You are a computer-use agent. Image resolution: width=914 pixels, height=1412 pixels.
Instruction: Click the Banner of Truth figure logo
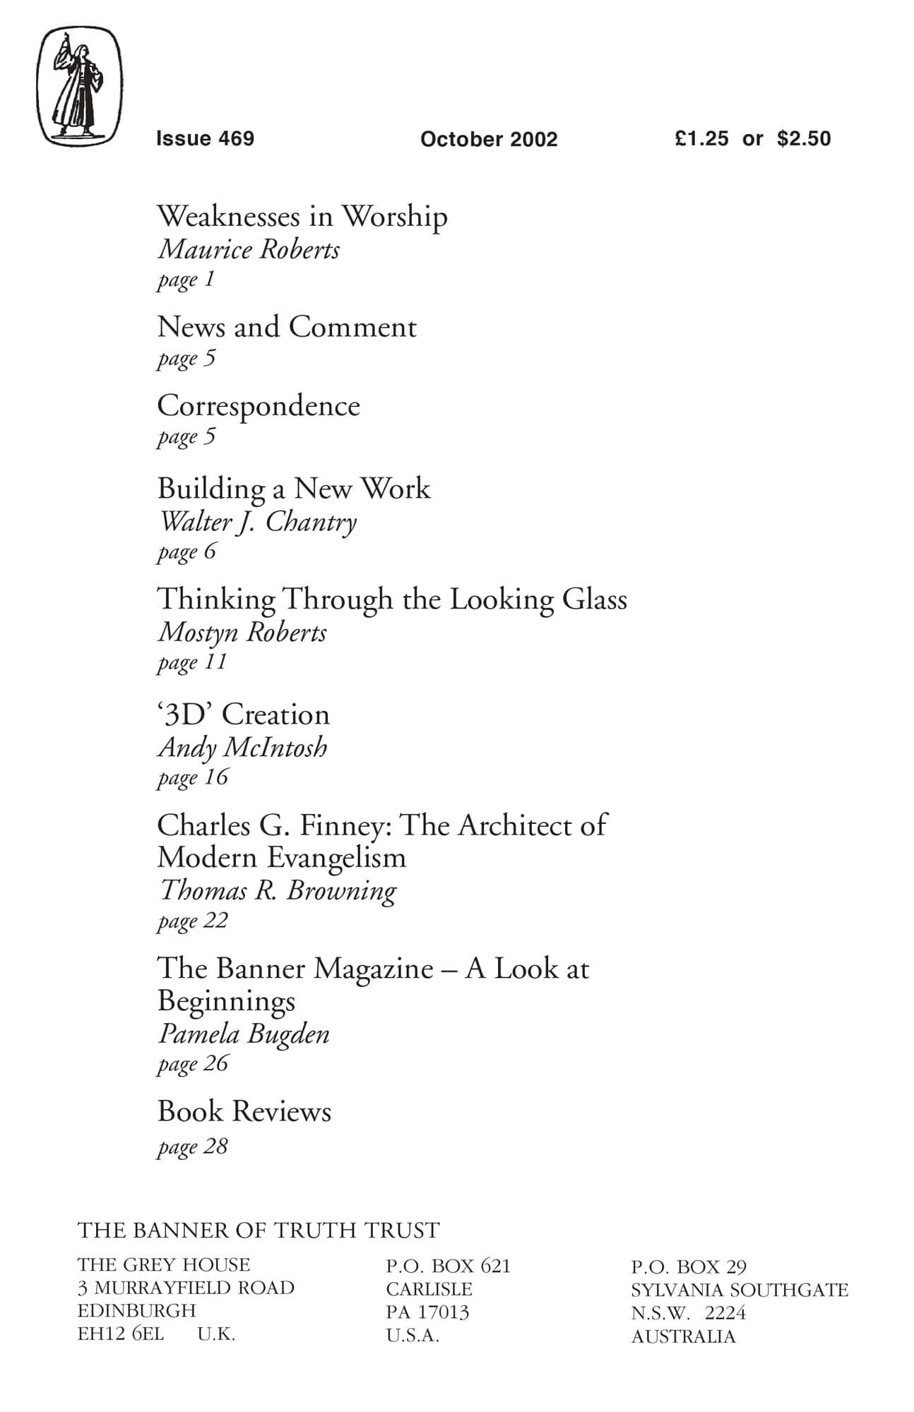click(x=79, y=86)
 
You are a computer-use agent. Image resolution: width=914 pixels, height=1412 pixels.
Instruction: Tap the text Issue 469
click(x=205, y=138)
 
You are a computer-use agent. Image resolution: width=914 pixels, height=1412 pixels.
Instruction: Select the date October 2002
click(x=489, y=139)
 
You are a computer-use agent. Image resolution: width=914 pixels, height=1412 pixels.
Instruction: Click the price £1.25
click(x=701, y=138)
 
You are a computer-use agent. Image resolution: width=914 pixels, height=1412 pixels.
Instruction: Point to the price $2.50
click(x=804, y=138)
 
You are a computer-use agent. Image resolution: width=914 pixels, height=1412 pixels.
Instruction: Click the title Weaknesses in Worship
click(x=302, y=216)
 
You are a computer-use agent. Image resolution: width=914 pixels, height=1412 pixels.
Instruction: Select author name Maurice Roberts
click(x=249, y=250)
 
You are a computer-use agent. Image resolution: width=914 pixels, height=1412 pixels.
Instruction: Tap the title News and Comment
click(x=287, y=327)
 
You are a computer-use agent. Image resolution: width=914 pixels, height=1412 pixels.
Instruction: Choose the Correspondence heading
click(x=259, y=406)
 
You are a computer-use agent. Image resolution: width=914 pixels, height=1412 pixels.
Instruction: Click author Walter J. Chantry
click(x=258, y=522)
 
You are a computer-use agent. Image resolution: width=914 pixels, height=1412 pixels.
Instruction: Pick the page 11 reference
click(x=192, y=662)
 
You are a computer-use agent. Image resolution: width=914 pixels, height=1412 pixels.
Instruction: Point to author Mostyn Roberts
click(x=242, y=633)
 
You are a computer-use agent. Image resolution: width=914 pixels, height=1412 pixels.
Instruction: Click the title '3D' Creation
click(x=243, y=714)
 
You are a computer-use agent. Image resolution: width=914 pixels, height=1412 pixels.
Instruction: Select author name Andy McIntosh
click(x=242, y=748)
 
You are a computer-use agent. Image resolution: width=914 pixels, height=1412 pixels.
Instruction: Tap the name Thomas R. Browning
click(x=278, y=891)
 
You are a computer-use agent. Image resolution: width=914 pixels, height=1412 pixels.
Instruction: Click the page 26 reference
click(x=193, y=1063)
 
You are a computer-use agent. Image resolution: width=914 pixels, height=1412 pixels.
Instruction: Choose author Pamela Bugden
click(x=244, y=1034)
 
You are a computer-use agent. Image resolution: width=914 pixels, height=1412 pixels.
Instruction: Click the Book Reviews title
click(x=244, y=1112)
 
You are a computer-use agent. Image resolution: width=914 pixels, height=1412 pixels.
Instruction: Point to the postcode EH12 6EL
click(x=121, y=1334)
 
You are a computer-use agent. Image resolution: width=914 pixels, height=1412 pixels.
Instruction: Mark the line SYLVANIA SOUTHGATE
click(x=740, y=1290)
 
